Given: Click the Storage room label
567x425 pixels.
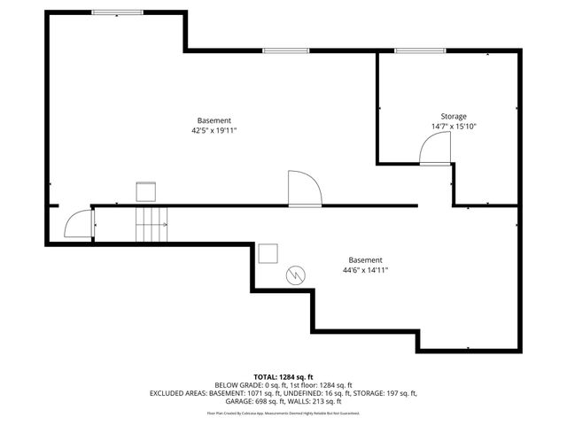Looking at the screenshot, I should pyautogui.click(x=454, y=116).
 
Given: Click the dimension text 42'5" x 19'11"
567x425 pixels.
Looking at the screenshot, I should pyautogui.click(x=214, y=130).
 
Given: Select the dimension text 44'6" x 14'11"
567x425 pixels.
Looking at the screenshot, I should pyautogui.click(x=365, y=270).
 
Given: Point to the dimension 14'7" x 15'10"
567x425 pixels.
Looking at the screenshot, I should pyautogui.click(x=454, y=127).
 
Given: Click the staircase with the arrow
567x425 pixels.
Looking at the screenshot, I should pyautogui.click(x=151, y=225).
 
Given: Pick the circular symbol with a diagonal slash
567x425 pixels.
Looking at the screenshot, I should pyautogui.click(x=295, y=276).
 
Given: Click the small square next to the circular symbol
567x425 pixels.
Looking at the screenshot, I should pyautogui.click(x=268, y=254).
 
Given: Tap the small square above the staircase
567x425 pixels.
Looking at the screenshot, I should pyautogui.click(x=145, y=191).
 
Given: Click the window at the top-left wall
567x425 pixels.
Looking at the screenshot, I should pyautogui.click(x=119, y=12).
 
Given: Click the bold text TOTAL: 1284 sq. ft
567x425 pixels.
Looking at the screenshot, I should pyautogui.click(x=283, y=377).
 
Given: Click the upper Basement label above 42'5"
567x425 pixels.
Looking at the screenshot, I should pyautogui.click(x=214, y=120).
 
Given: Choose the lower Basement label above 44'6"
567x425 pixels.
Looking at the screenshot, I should pyautogui.click(x=365, y=260).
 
